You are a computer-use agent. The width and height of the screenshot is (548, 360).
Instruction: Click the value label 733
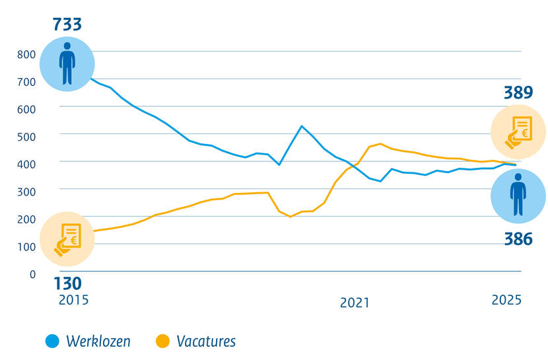[x=67, y=25]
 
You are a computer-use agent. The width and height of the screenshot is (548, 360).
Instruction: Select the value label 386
[x=518, y=239]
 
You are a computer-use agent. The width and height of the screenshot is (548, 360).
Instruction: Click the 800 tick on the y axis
[x=26, y=54]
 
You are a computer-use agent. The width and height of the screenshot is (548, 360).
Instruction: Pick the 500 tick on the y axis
[x=26, y=136]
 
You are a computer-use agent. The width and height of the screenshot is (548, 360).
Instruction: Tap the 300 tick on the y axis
[x=26, y=192]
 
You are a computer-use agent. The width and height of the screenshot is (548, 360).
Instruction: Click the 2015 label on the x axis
[x=73, y=300]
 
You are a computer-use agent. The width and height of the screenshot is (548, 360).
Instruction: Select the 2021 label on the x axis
[x=355, y=303]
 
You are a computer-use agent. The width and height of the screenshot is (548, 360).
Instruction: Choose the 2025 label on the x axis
[x=506, y=300]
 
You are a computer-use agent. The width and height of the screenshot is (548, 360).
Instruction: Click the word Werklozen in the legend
[x=98, y=342]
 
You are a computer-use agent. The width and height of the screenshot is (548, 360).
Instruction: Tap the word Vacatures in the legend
[x=206, y=342]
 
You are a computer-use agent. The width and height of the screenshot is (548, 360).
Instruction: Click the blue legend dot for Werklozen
[x=52, y=342]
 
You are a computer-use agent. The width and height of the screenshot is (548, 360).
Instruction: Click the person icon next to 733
[x=67, y=63]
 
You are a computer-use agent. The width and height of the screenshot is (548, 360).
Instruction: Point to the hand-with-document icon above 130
[x=67, y=238]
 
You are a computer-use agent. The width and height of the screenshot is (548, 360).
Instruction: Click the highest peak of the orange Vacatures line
[x=380, y=143]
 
